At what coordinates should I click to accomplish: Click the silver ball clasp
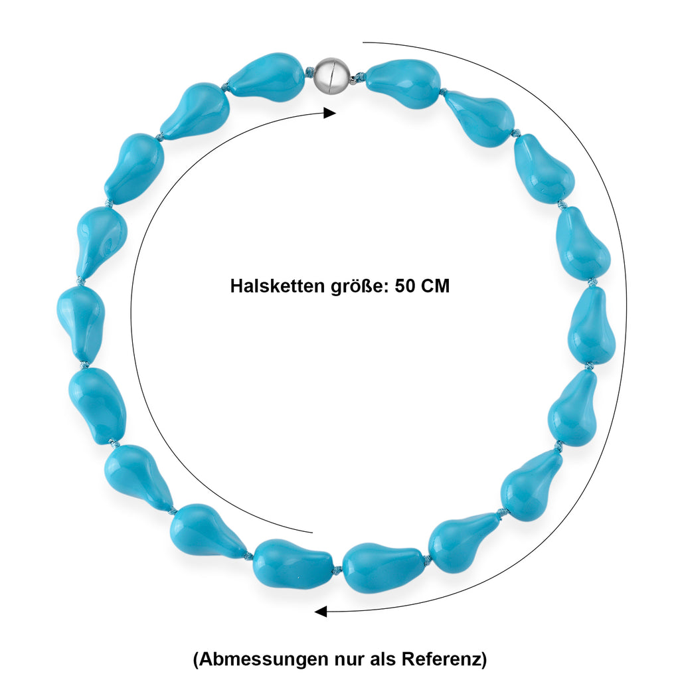(x=329, y=76)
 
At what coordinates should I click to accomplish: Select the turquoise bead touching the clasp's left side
(x=267, y=76)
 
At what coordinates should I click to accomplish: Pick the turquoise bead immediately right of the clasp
(x=403, y=83)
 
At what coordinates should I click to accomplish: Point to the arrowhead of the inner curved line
(x=329, y=113)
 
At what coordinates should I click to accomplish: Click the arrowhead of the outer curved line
(x=321, y=612)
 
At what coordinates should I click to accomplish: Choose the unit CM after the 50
(x=436, y=286)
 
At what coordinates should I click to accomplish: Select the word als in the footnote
(x=383, y=659)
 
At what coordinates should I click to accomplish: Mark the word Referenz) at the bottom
(x=444, y=659)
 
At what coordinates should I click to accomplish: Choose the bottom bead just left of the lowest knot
(x=293, y=563)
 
